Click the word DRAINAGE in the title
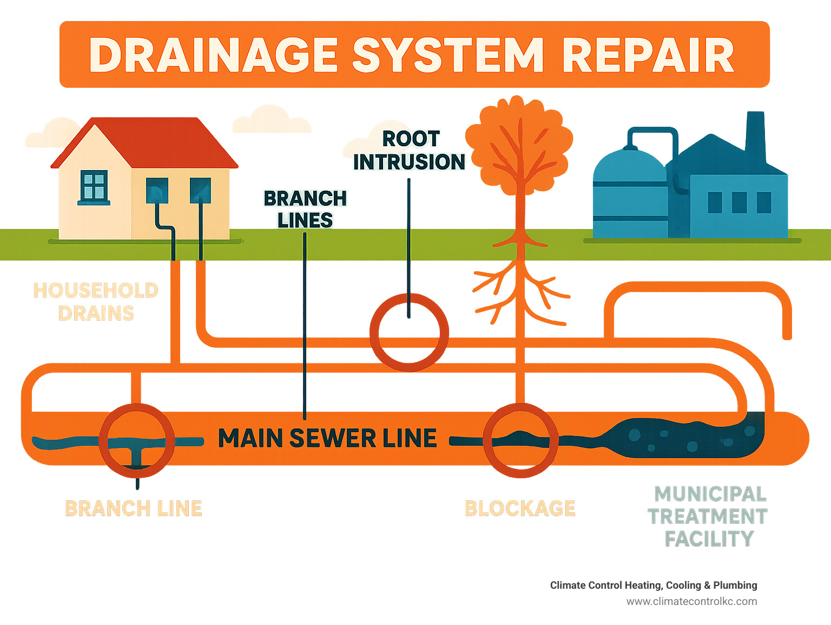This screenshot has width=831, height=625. [213, 55]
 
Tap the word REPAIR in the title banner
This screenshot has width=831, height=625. [648, 55]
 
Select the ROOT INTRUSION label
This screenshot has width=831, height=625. [409, 151]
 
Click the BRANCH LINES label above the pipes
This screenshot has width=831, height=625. [305, 210]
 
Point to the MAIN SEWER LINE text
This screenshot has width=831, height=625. [327, 438]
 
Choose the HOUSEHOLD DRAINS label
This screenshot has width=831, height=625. [96, 302]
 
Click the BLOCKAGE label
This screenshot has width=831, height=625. [520, 509]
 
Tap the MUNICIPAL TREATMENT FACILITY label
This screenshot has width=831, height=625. [708, 516]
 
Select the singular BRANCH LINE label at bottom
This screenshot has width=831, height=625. [134, 509]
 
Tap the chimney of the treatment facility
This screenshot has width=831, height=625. [755, 133]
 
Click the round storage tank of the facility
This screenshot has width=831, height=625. [629, 192]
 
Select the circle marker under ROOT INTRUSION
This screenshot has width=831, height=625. [409, 332]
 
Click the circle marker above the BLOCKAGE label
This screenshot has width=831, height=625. [520, 440]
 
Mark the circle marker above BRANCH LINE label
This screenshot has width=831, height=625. [137, 440]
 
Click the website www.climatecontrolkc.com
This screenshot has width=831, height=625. [691, 601]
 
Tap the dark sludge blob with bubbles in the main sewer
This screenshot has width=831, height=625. [687, 438]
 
